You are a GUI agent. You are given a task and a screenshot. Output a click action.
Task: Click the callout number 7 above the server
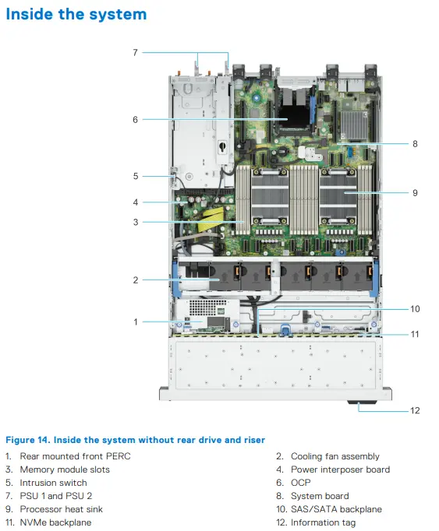coord(136,52)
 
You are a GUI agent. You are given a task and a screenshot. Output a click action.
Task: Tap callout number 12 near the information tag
coord(415,410)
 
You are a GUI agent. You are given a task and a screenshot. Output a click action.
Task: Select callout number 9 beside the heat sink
coord(415,193)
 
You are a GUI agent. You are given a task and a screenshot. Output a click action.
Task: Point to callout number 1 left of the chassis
coord(136,322)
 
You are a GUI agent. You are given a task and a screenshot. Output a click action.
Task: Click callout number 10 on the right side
coord(415,309)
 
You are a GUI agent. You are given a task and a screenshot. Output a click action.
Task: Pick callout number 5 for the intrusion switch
coord(136,176)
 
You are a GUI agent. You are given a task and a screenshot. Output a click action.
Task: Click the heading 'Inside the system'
coord(76,14)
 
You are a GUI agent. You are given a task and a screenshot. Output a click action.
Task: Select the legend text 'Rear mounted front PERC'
coord(76,456)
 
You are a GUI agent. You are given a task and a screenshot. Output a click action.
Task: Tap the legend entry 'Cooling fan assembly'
coord(335,456)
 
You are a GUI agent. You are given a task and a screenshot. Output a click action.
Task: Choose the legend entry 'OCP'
coord(300,483)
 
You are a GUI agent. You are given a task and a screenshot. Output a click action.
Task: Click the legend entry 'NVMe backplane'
coord(55,522)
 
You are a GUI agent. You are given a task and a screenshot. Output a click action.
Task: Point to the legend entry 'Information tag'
coord(324,522)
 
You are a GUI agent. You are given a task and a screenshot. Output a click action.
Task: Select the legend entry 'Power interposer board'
coord(340,469)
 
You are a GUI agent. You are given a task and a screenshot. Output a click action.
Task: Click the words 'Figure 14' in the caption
coord(28,440)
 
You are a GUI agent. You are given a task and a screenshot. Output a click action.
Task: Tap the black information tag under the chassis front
coord(362,402)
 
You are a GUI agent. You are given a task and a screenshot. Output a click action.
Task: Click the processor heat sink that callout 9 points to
coord(338,195)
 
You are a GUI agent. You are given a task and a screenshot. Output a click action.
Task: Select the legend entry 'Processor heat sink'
coord(61,509)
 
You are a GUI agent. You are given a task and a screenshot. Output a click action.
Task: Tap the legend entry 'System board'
coord(320,496)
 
